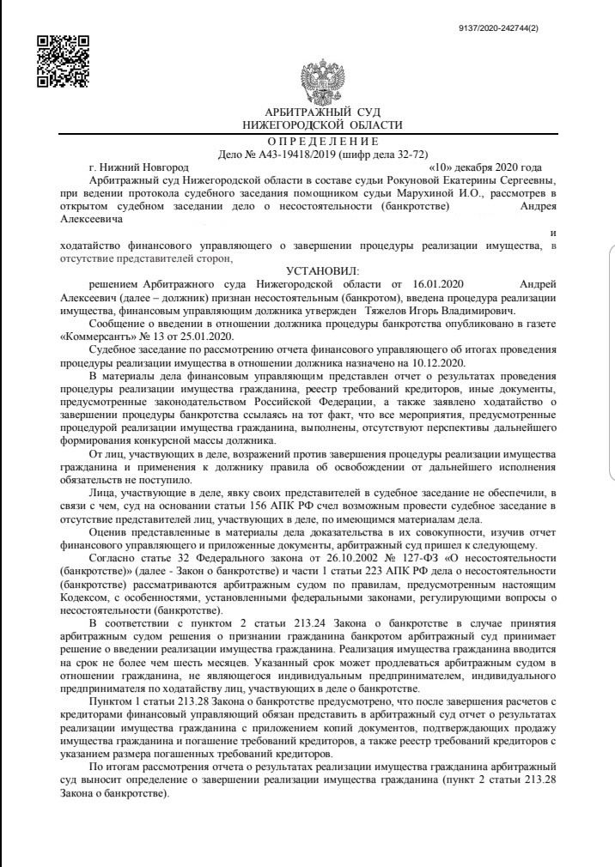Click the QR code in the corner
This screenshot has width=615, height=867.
click(64, 61)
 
